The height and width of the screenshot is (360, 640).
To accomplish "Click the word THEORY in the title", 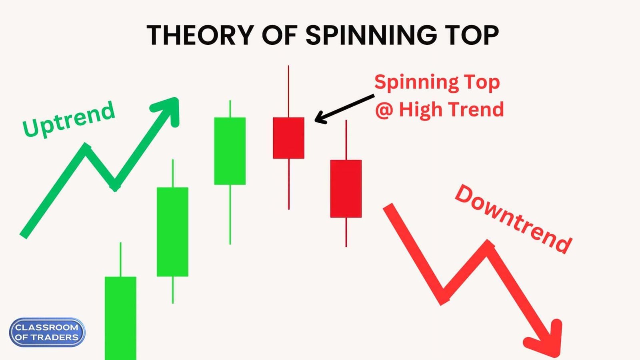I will [x=200, y=35].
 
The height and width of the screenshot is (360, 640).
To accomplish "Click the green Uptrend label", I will [x=69, y=119].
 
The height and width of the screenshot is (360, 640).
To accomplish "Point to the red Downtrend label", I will [x=514, y=219].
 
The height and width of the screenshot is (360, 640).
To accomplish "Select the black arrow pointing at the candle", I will [x=344, y=108].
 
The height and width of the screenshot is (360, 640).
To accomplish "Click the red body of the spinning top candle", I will [x=288, y=138].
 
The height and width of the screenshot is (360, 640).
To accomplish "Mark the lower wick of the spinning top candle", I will [x=288, y=184].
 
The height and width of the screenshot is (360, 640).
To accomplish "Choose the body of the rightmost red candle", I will [x=346, y=188].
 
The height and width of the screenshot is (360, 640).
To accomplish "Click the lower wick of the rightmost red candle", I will [x=346, y=232].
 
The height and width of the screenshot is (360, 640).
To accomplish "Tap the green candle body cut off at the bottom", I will [x=120, y=318].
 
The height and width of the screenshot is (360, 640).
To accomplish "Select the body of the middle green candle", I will [x=172, y=232].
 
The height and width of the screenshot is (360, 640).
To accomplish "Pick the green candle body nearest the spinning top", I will [x=230, y=151].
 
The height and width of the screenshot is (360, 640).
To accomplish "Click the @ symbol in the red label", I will [x=384, y=110].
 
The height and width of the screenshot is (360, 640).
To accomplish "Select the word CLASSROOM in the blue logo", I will [x=47, y=327].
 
